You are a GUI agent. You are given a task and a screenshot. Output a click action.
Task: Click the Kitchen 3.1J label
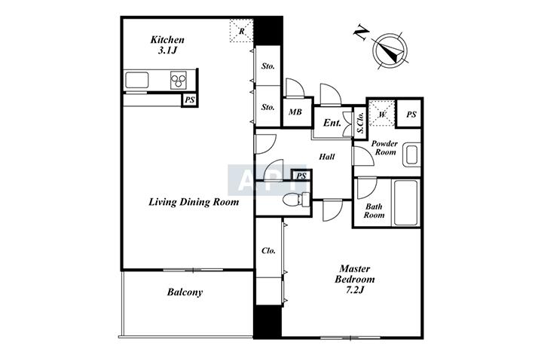[x=167, y=45]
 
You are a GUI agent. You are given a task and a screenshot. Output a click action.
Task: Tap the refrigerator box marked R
[x=241, y=31]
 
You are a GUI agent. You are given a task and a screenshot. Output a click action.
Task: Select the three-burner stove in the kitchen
[x=179, y=81]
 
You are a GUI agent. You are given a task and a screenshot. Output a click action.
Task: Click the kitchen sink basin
[x=137, y=81]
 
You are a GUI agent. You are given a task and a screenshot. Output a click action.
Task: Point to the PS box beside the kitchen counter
[x=190, y=100]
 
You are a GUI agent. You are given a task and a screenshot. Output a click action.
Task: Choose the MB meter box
[x=296, y=112]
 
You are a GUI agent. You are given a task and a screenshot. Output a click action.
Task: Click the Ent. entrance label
[x=332, y=123]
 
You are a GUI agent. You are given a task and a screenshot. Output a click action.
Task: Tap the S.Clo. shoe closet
[x=360, y=123]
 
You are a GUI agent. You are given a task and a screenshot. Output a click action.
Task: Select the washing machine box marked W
[x=382, y=113]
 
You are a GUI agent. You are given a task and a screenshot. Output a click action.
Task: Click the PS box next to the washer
[x=411, y=115]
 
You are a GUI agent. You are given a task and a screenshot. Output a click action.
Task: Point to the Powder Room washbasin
[x=411, y=155]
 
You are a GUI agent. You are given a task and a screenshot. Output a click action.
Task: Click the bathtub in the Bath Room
[x=406, y=203]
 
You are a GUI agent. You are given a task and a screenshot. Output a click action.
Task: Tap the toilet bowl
[x=293, y=199]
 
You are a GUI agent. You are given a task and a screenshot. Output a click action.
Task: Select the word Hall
[x=327, y=157]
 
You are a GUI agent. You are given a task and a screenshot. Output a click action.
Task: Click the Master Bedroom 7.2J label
[x=355, y=279]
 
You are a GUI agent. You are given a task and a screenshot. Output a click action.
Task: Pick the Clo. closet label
[x=268, y=251]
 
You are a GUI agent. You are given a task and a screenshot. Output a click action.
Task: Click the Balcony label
[x=185, y=292]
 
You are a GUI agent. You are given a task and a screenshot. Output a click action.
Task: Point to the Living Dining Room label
[x=194, y=202]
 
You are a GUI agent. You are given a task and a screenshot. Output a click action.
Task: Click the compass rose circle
[x=390, y=50]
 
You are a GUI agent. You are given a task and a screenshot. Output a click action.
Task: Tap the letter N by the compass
[x=362, y=34]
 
